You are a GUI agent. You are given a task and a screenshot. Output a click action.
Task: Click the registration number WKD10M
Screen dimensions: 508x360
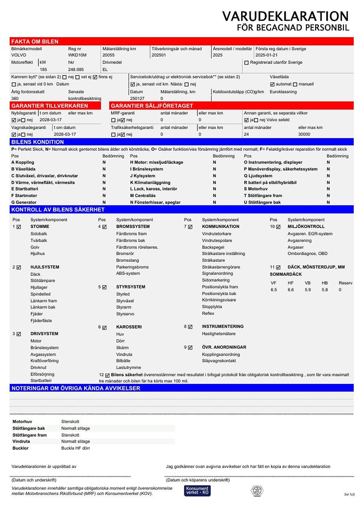click(77, 55)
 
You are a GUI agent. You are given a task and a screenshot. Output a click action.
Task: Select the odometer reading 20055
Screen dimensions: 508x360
click(109, 55)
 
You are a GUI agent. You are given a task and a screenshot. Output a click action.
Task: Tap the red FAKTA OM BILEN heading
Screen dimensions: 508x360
click(35, 41)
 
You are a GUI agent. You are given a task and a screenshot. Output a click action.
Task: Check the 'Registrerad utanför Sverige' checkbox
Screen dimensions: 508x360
click(246, 63)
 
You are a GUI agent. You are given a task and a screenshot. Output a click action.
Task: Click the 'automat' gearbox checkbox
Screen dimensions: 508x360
click(272, 84)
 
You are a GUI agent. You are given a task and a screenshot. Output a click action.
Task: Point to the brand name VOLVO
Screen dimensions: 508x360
click(19, 55)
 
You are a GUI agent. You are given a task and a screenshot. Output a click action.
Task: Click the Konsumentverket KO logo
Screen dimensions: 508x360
click(197, 490)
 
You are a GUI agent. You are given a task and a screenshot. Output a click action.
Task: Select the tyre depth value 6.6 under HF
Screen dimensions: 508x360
click(290, 290)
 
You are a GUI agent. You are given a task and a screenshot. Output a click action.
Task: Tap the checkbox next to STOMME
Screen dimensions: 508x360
click(19, 227)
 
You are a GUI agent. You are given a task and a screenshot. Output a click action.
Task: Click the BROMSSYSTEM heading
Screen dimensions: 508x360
click(133, 227)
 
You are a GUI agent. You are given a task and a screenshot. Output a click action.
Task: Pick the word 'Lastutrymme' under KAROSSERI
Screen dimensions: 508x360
click(128, 367)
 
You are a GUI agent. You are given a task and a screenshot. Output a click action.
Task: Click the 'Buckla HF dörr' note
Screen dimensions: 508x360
click(76, 448)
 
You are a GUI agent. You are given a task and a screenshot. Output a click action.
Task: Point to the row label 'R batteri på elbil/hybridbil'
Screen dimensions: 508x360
click(270, 183)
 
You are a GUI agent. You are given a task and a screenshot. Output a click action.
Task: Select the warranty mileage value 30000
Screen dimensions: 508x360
click(304, 134)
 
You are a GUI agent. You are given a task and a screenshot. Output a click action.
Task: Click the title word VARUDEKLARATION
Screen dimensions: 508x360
click(285, 16)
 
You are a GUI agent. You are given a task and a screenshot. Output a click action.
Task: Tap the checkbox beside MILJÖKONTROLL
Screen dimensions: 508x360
click(278, 227)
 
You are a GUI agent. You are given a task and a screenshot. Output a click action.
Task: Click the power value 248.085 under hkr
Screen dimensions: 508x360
click(76, 70)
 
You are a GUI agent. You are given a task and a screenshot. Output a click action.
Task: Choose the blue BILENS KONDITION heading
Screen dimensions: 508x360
click(38, 142)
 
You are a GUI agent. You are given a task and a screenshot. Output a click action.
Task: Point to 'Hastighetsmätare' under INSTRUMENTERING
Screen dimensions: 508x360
click(219, 334)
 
